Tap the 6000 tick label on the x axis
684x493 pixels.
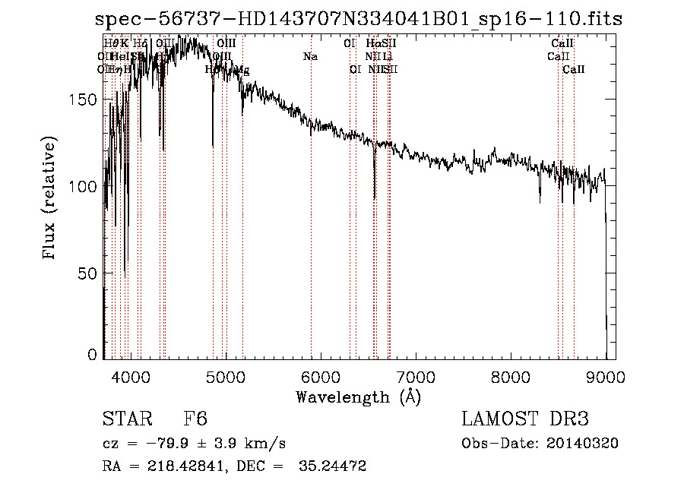pyautogui.click(x=320, y=376)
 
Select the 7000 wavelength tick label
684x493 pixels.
pyautogui.click(x=416, y=376)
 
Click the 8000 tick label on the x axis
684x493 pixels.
pyautogui.click(x=511, y=376)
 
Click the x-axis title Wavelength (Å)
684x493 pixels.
pyautogui.click(x=358, y=397)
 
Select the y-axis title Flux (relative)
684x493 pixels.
pyautogui.click(x=50, y=200)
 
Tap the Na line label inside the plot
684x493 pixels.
pyautogui.click(x=310, y=56)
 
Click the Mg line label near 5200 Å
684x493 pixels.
pyautogui.click(x=242, y=70)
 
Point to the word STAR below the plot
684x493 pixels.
pyautogui.click(x=125, y=419)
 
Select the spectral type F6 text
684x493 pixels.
pyautogui.click(x=195, y=419)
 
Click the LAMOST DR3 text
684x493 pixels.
pyautogui.click(x=525, y=419)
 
